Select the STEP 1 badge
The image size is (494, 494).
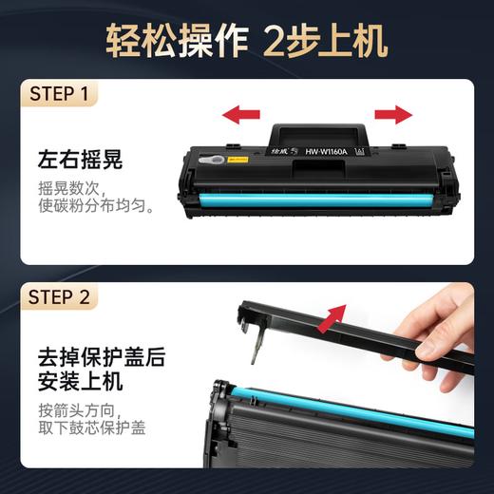click(x=58, y=95)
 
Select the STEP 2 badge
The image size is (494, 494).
click(x=59, y=297)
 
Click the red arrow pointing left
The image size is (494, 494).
click(x=241, y=116)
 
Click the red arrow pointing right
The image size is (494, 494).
click(x=392, y=116)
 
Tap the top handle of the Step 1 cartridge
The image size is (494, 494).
click(x=317, y=132)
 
